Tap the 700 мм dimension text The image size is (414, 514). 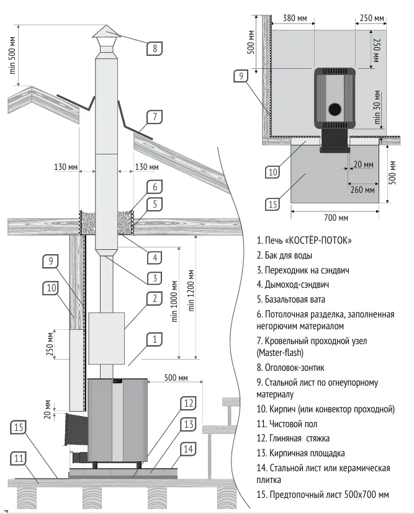pyautogui.click(x=335, y=218)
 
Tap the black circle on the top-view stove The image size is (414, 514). pyautogui.click(x=335, y=110)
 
